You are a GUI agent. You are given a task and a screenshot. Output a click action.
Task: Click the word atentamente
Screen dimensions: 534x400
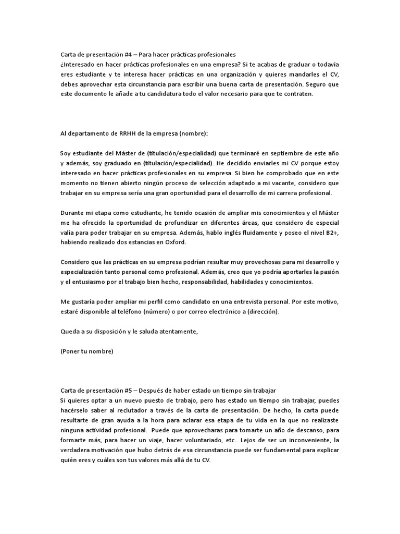point(176,332)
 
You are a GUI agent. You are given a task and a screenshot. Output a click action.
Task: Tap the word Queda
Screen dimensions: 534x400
point(71,332)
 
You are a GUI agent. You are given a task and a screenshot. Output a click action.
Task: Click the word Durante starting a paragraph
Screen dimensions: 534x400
point(73,213)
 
